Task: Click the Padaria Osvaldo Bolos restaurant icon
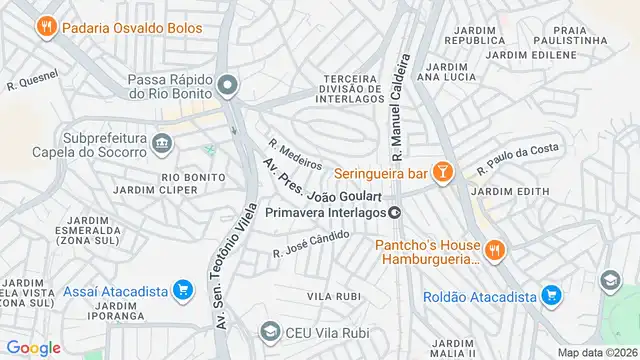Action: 45,28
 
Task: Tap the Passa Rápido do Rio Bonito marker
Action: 228,86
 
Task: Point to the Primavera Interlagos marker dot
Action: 395,212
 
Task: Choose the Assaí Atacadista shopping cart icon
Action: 182,291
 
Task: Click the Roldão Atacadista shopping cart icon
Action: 549,294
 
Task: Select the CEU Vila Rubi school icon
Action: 269,331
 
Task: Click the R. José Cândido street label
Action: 312,242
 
